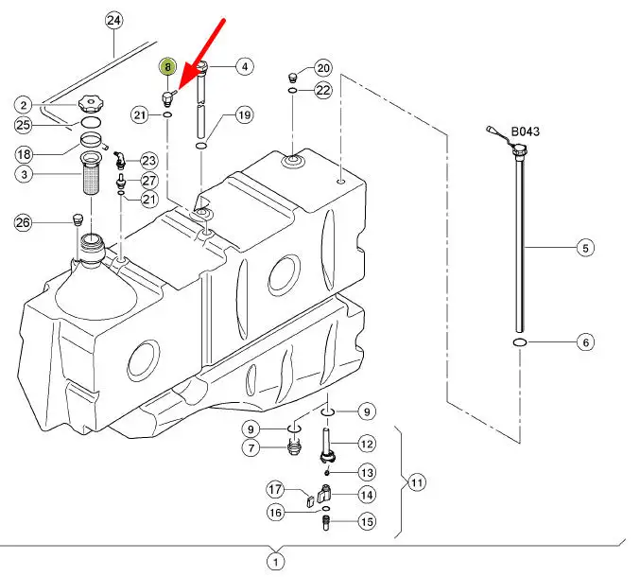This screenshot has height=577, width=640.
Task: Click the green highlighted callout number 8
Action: (167, 66)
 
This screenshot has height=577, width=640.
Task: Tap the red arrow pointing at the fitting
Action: (201, 55)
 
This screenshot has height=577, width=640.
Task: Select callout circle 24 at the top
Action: (113, 21)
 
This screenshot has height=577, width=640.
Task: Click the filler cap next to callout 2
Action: (92, 104)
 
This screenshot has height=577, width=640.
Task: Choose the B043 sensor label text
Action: (525, 131)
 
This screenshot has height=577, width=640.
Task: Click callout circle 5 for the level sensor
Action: (585, 248)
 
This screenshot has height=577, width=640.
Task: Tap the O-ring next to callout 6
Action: (519, 342)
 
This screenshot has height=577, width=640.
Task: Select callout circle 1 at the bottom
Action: (275, 562)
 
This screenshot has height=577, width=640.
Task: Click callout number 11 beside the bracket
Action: (416, 482)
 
